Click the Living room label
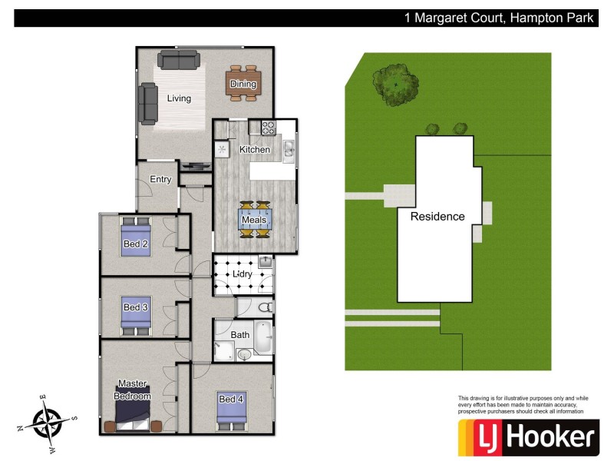coord(179,98)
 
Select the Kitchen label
coord(255,149)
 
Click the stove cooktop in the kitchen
coord(269,128)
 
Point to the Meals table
coord(254,220)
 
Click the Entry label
coord(160,180)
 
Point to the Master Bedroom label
coord(133,390)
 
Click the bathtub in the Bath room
coord(262,337)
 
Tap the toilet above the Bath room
coord(264,307)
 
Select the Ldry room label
coord(243,274)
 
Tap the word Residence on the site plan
coord(437,217)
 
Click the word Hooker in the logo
coord(551,438)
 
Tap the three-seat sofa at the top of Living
coord(179,58)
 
